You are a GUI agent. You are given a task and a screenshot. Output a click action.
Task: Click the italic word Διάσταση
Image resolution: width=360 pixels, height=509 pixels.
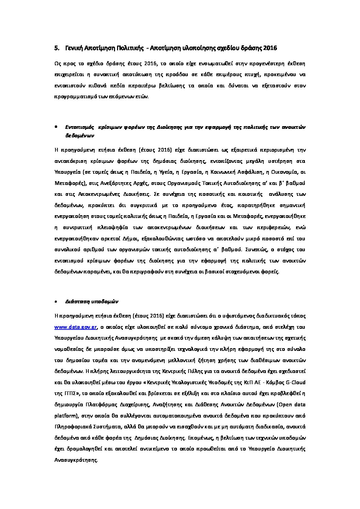(75, 302)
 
